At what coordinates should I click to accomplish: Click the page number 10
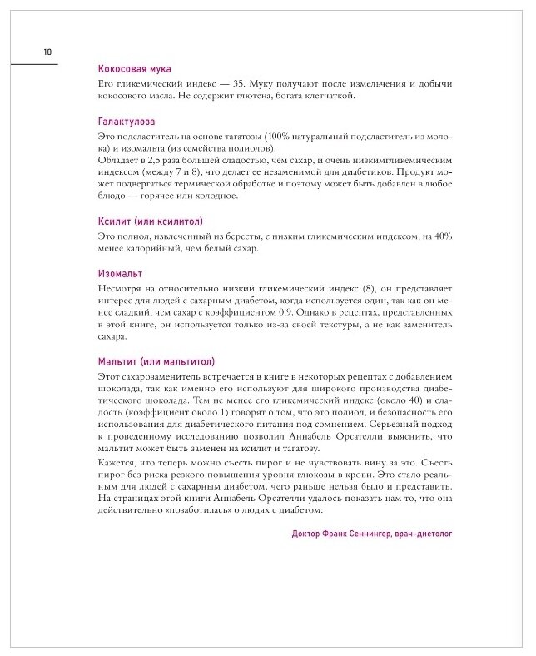coord(47,52)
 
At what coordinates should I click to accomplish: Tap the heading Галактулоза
coord(127,121)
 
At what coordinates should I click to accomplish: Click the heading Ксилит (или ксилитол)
coord(150,221)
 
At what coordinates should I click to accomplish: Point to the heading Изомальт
coord(120,273)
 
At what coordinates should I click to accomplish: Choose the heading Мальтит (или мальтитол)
coord(156,362)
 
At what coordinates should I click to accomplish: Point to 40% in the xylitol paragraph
coord(441,236)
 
